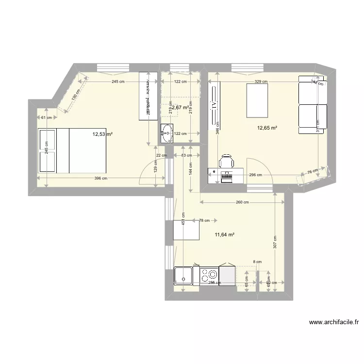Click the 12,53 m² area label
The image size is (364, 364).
coord(103,134)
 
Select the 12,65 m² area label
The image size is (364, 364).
coord(267,128)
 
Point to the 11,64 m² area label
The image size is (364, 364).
coord(224,234)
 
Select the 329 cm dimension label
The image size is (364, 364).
coord(261,82)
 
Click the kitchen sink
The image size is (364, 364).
coord(183,275)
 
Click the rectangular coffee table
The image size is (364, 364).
coord(257,100)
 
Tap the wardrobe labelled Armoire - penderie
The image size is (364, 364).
coord(148,96)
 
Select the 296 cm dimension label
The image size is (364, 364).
coord(255,175)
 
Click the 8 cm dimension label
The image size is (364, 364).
coord(257,262)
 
